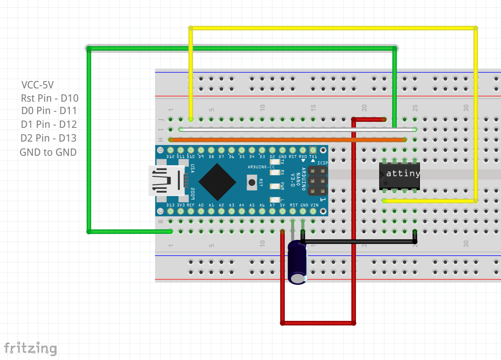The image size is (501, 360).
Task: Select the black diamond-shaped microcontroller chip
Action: tap(217, 182)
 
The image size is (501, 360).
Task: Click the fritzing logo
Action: tap(30, 348)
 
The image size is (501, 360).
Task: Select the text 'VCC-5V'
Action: tap(38, 85)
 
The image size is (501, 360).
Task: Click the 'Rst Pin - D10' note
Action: tap(49, 98)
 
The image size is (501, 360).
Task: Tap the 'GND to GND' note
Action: tap(48, 152)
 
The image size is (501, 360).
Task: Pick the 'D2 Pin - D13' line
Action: tap(48, 138)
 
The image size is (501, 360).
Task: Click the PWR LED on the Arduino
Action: tap(275, 186)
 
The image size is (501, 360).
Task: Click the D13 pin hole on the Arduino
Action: tap(171, 211)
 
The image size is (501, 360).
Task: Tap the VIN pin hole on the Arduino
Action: tap(314, 211)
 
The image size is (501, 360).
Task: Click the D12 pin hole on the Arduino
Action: tap(171, 150)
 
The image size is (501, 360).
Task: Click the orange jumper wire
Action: tap(287, 140)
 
